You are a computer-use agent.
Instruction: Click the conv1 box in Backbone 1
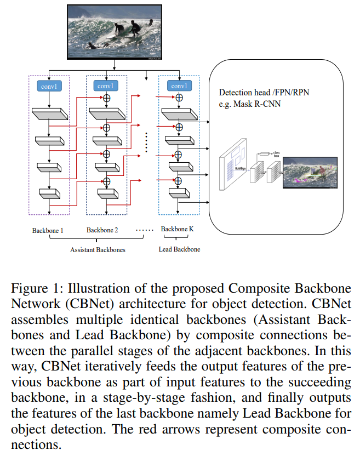49,86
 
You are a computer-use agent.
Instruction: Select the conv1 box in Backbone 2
106,86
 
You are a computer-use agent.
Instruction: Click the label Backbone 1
48,230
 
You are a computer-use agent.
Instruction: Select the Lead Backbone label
180,249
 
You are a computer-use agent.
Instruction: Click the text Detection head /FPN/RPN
264,93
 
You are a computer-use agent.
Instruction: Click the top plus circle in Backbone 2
107,99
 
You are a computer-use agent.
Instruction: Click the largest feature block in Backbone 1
50,114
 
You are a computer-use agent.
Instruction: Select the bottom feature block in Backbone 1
50,193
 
